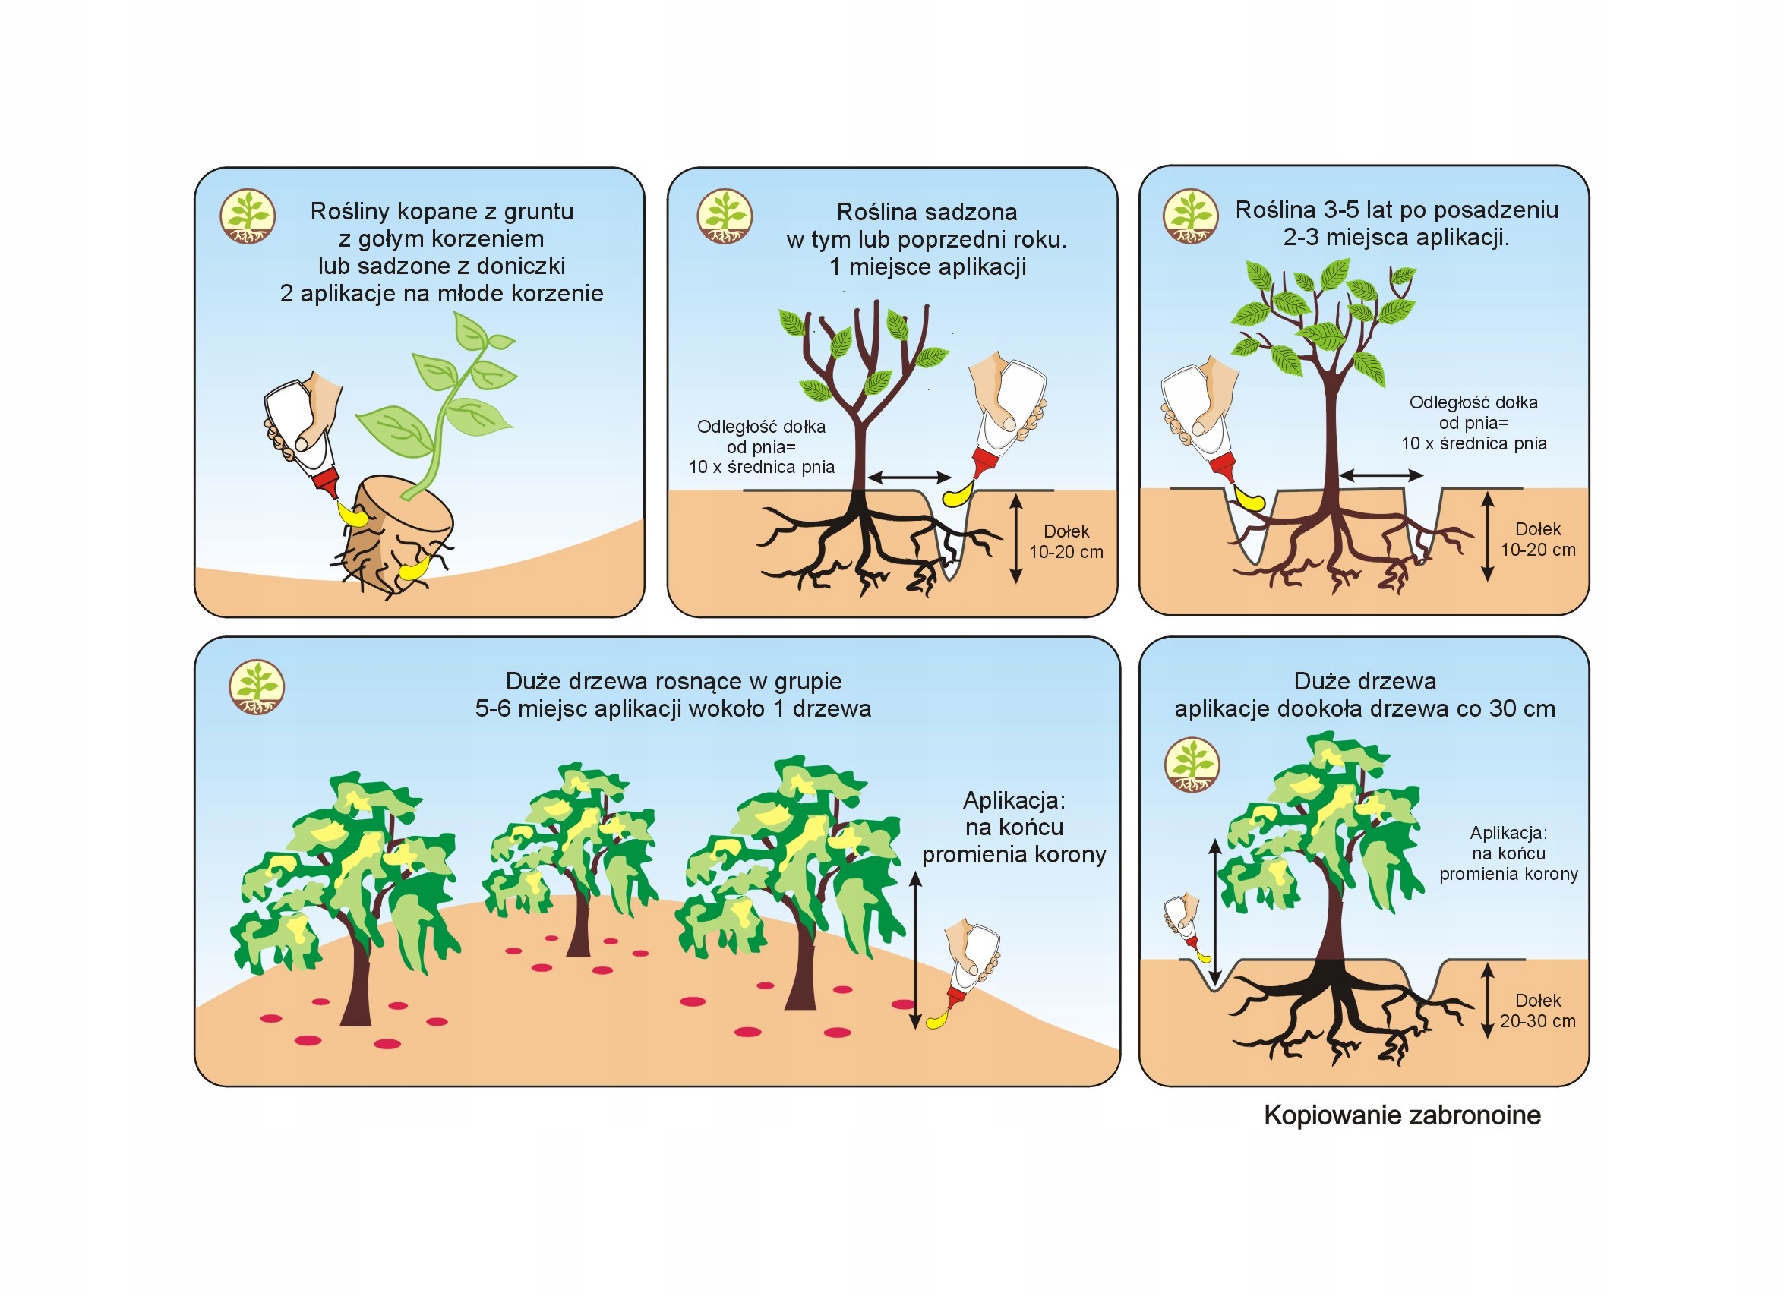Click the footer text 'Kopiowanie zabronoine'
click(1402, 1115)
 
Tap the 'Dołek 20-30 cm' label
click(1537, 1011)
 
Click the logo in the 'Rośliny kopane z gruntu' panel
click(247, 216)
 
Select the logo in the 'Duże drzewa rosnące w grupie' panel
click(257, 687)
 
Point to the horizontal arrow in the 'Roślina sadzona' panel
click(909, 478)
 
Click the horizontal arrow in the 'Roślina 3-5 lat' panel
click(1381, 475)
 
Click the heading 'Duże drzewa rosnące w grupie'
click(674, 681)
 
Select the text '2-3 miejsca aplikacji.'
click(1396, 238)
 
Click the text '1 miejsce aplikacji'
click(927, 267)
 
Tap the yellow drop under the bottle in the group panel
click(936, 1020)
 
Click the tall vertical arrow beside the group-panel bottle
click(915, 951)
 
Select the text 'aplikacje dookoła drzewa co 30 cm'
click(1365, 708)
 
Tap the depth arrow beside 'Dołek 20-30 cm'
click(1487, 1002)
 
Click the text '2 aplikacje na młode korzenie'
click(441, 293)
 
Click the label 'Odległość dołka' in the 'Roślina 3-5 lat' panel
click(1473, 402)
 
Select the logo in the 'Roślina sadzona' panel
click(725, 216)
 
